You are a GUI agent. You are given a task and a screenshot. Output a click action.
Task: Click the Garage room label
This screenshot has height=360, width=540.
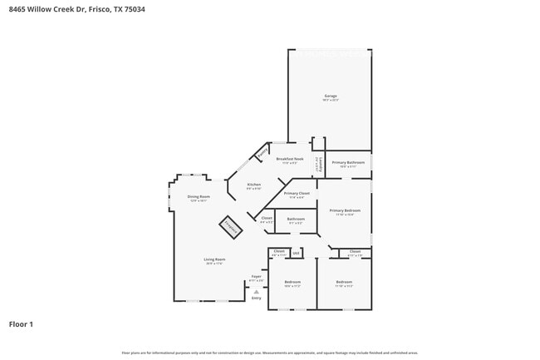330,97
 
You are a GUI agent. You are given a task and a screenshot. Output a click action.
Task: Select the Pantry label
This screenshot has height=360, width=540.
262,153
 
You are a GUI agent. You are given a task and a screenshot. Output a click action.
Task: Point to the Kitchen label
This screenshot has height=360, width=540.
253,185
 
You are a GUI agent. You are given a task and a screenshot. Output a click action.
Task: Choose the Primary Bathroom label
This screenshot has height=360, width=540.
348,163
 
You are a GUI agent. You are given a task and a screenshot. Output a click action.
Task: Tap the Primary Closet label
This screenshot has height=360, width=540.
297,195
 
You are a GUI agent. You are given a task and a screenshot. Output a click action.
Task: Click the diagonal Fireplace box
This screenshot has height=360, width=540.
230,225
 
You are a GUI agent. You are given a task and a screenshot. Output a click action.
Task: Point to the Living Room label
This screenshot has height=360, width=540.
214,260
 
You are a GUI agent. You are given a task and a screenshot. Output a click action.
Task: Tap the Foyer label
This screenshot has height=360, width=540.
256,277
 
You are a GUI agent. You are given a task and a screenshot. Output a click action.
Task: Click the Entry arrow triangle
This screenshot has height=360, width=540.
257,292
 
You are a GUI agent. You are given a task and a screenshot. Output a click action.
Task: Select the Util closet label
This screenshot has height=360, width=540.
296,252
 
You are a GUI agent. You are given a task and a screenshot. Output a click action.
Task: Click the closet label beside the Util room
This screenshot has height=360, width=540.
278,252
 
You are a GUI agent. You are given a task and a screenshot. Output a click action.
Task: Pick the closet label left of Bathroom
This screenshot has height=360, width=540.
267,220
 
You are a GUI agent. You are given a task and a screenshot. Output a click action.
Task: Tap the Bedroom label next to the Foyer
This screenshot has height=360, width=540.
292,284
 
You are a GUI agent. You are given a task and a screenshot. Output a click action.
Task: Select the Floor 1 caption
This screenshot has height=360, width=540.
21,323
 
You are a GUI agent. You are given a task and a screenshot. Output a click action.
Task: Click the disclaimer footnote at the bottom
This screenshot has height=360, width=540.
269,353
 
